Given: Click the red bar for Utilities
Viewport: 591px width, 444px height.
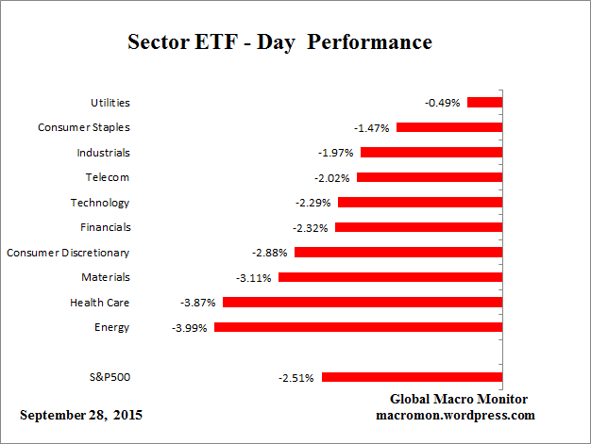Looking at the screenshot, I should [x=485, y=102].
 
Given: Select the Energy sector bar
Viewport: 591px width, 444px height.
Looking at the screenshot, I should [x=358, y=327].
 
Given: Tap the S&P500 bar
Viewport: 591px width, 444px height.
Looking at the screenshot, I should [x=412, y=377].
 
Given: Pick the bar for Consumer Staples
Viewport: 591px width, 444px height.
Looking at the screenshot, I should [x=449, y=127].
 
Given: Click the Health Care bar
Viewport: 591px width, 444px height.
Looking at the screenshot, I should [x=363, y=303].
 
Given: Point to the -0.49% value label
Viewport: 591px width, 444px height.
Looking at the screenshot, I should [x=443, y=103].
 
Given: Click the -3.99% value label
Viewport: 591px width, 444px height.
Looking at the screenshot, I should [x=191, y=327].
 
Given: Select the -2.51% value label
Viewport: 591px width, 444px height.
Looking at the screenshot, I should [x=297, y=378].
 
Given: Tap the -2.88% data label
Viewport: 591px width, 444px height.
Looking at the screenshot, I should [x=270, y=253].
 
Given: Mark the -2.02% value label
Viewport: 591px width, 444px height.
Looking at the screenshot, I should [x=332, y=177].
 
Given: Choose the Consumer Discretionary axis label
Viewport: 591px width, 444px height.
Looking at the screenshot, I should [x=68, y=253].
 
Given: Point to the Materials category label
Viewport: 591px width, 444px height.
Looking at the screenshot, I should [x=105, y=277].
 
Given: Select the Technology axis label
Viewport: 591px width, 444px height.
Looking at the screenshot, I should [x=100, y=203].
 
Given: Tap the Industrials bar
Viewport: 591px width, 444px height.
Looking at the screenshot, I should [x=431, y=152].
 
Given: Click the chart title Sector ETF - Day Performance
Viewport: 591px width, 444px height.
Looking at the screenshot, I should [x=279, y=43].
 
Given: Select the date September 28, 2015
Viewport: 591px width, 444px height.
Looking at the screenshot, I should [x=82, y=415].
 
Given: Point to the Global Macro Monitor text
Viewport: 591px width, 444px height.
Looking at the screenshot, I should [x=458, y=399].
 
